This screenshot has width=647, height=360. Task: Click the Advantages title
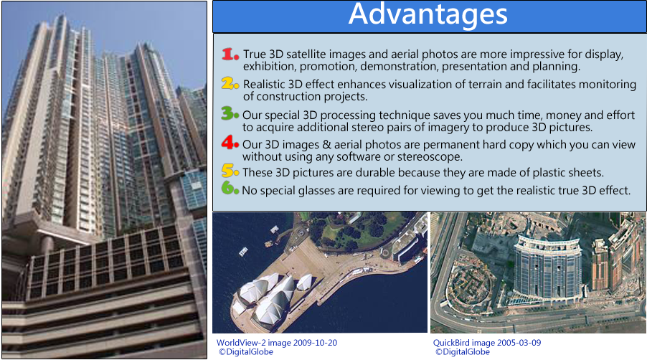[x=428, y=15]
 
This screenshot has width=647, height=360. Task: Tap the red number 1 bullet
[x=230, y=54]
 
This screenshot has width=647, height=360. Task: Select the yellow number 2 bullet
[x=230, y=83]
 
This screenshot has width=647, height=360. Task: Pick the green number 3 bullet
[x=230, y=113]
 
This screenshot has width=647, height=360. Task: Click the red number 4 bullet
[x=230, y=143]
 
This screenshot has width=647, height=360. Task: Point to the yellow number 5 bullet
[x=230, y=170]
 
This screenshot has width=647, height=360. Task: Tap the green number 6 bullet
[x=230, y=188]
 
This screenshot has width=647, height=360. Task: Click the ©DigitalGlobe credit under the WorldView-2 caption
[x=246, y=352]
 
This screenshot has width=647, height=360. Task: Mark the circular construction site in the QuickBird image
[x=471, y=285]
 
